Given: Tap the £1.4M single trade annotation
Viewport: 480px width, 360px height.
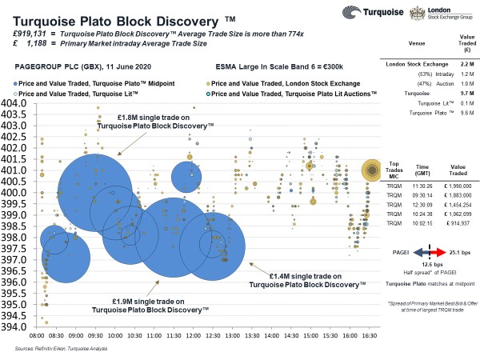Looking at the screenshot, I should pyautogui.click(x=303, y=280).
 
